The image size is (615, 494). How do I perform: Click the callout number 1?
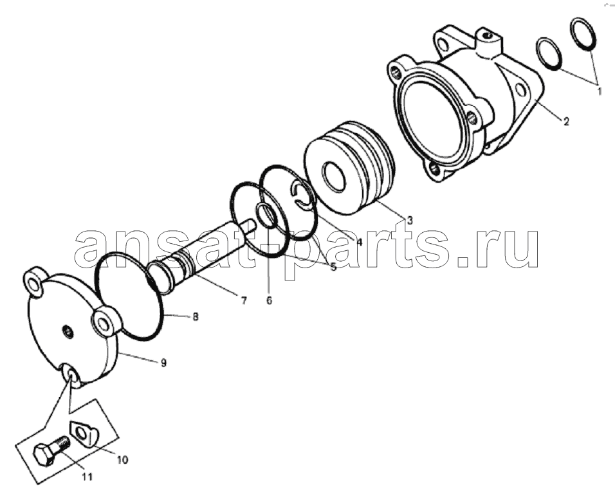point(599,91)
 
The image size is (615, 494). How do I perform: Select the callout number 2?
point(565,122)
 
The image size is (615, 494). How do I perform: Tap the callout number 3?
point(410,221)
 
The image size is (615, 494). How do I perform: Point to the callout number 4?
point(359,242)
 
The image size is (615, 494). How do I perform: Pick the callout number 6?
point(269,300)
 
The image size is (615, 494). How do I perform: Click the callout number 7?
point(244,301)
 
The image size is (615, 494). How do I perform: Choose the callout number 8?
point(196,316)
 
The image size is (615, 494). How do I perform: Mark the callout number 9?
point(163,363)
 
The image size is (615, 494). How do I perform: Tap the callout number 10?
point(123,459)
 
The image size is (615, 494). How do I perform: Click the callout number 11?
point(87,477)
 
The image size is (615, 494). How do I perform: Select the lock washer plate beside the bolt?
point(84,434)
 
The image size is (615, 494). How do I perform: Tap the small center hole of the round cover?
point(68,332)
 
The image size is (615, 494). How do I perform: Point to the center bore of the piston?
point(333,176)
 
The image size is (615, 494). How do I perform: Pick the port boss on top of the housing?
point(488,42)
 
